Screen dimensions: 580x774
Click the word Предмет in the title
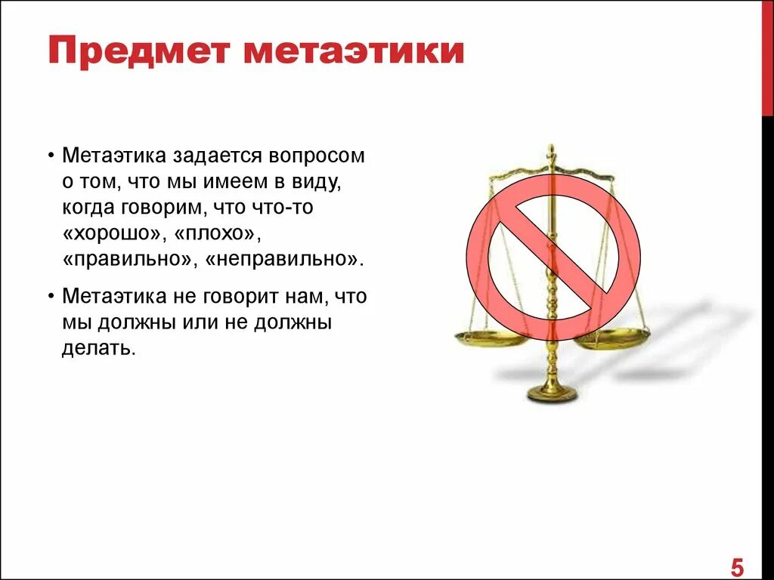click(137, 52)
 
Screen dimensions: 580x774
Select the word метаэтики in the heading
click(354, 52)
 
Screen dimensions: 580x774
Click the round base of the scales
click(553, 393)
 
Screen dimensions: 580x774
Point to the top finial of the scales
click(552, 150)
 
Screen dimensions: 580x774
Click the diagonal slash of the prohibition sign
click(553, 248)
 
